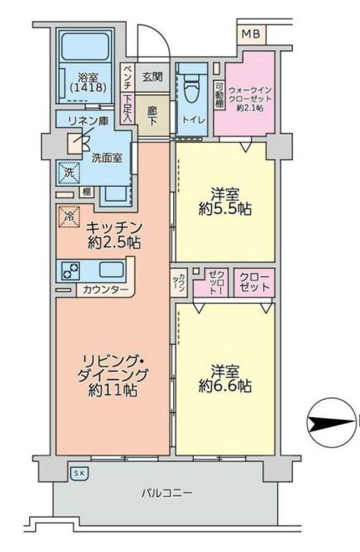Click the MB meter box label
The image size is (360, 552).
pos(251,34)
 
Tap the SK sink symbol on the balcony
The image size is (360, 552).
pos(79,474)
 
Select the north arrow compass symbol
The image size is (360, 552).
pos(331,423)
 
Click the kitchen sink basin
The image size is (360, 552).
pos(111,270)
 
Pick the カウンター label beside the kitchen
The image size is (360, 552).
pos(106,290)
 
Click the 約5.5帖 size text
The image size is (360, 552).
pos(225,209)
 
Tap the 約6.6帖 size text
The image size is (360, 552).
pos(225,386)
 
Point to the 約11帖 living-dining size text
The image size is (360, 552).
pos(113,390)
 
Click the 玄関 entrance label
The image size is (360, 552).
pos(153,77)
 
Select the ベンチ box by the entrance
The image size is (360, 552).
pos(127,77)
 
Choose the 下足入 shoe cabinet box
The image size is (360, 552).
pos(127,108)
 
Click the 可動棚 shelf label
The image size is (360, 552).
pos(220,95)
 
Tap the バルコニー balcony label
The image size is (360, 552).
pos(167,492)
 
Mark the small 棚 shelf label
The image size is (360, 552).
pos(87,192)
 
